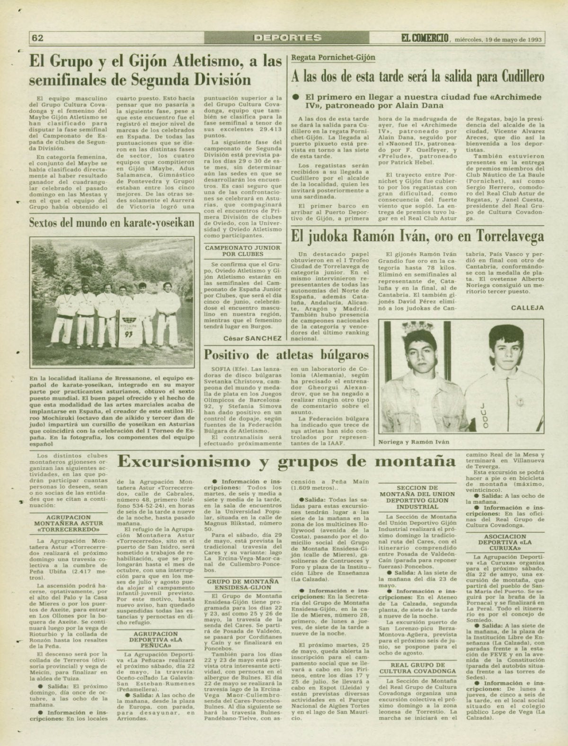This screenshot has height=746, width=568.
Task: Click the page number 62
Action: tap(37, 38)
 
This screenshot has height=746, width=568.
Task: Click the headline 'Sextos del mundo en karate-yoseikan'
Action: tap(112, 222)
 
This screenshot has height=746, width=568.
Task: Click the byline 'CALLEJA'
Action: tap(527, 307)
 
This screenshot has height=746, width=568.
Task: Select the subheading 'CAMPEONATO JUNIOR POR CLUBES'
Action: tap(242, 251)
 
